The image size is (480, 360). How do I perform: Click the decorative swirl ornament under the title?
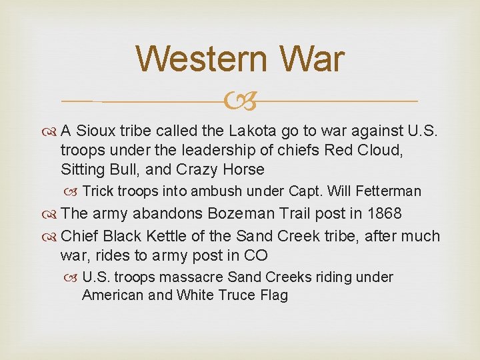coord(240,101)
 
